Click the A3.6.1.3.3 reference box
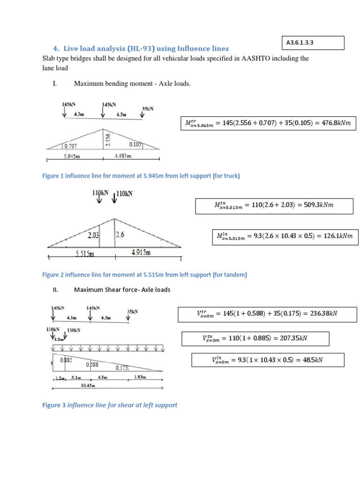coord(314,43)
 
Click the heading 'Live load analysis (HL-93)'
coord(141,48)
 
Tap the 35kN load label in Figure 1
coord(148,109)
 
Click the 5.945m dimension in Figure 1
coord(75,157)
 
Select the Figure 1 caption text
coord(141,176)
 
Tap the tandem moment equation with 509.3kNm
coord(273,205)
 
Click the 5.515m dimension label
coord(85,254)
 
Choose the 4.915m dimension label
coord(142,253)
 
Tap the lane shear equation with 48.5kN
coord(268,360)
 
